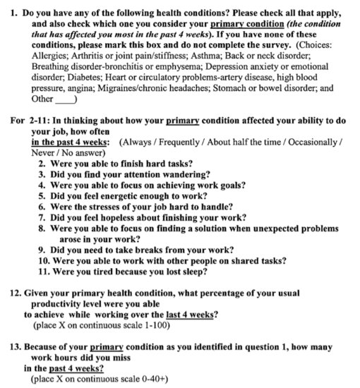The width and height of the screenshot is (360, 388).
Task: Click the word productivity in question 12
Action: click(71, 303)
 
